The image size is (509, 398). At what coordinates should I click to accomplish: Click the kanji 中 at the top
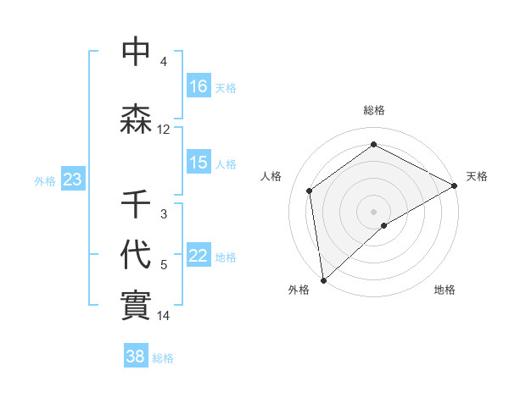coord(136,53)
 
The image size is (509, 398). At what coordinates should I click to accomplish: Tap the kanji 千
coord(136,204)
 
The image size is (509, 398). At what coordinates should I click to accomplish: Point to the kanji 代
coord(136,253)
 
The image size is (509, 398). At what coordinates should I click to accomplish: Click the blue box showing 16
coord(199,86)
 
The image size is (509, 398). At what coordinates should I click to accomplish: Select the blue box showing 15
coord(199,163)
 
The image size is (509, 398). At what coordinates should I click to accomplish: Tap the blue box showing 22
coord(199,257)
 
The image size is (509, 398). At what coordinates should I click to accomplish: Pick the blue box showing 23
coord(72,180)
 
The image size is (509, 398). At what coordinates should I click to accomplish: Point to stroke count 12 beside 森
coord(164,130)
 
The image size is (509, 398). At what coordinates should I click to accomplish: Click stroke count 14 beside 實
coord(164,316)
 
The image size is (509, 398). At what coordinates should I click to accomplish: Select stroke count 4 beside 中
coord(164,62)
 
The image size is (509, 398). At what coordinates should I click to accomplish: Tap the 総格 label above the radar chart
coord(374,110)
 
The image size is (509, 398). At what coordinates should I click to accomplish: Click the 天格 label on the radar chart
coord(477,176)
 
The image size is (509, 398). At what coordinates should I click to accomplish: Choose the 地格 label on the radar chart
coord(445,290)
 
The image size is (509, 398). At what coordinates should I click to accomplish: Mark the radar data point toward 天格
coord(455,185)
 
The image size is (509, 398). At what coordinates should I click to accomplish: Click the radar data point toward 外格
coord(323,280)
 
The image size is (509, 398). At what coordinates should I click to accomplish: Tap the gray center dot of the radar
coord(374,211)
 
